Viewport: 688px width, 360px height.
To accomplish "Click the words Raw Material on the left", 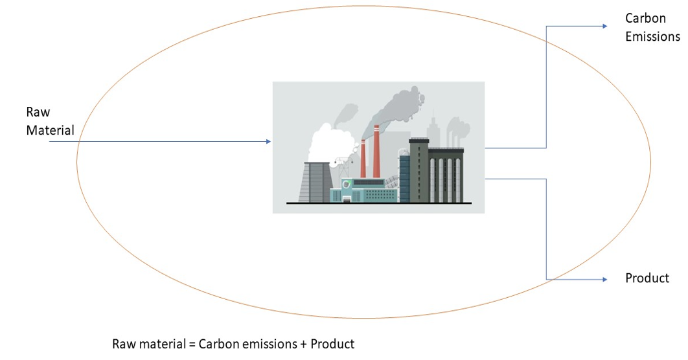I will [x=50, y=121].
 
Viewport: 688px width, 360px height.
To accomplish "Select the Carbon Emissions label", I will [x=652, y=28].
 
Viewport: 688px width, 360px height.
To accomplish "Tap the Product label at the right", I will [x=647, y=278].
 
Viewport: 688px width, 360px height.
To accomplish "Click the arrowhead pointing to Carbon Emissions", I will [x=604, y=26].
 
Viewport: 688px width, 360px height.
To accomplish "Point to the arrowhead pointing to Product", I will [x=604, y=279].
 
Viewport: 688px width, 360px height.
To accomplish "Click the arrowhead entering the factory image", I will [x=268, y=141].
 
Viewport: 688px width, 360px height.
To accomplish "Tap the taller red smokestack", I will [x=376, y=152].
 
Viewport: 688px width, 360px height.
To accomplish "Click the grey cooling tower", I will [x=314, y=181].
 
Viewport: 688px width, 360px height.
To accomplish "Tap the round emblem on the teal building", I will [x=347, y=185].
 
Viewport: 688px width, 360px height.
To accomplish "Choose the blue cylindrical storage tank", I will [x=404, y=177].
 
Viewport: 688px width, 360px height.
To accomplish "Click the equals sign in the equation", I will [x=192, y=344].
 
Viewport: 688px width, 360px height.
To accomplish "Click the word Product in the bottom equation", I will [x=332, y=344].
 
